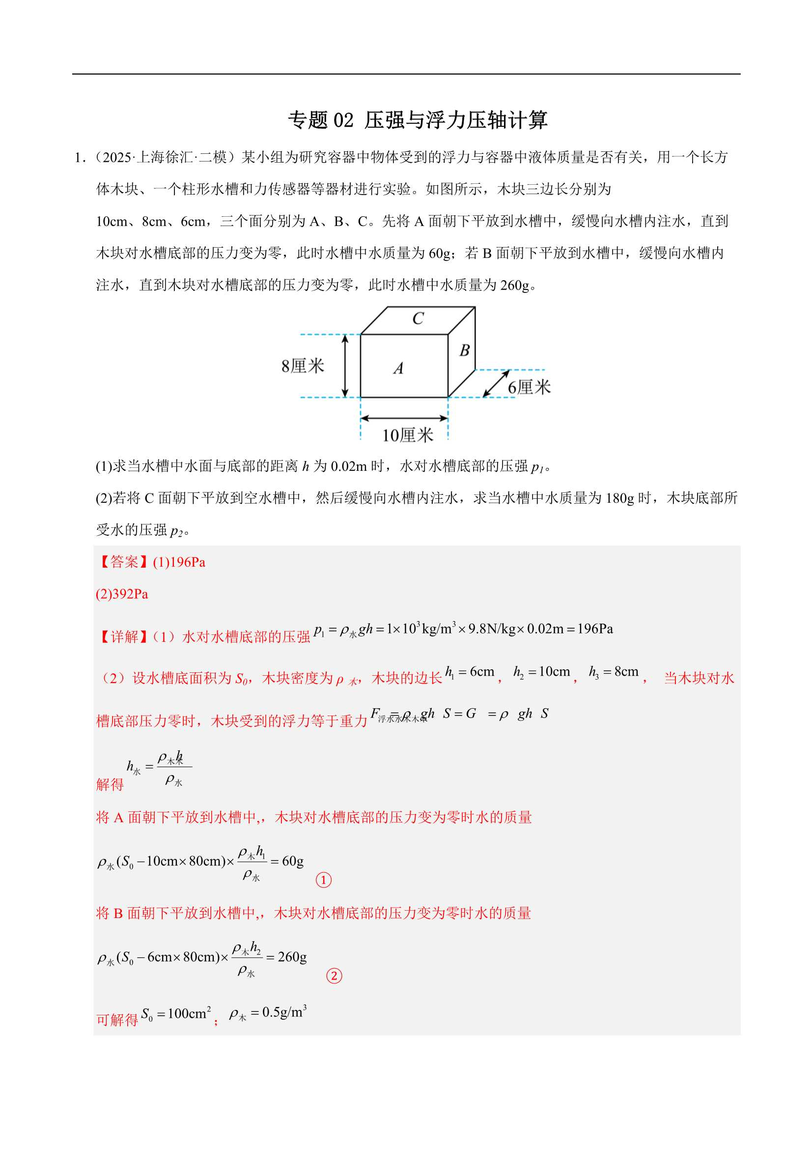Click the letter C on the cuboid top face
click(418, 318)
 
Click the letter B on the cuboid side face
click(464, 350)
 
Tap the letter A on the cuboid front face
click(398, 368)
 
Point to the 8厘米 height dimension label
click(302, 366)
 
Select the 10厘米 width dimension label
click(407, 435)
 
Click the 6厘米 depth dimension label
click(529, 387)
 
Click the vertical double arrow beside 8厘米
click(345, 366)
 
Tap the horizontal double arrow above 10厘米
click(404, 418)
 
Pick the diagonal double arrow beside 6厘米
click(496, 383)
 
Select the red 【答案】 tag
click(124, 562)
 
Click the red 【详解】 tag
click(124, 636)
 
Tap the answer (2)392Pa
click(122, 594)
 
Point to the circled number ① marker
click(324, 879)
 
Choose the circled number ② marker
click(334, 976)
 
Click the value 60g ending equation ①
click(293, 861)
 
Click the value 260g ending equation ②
click(292, 957)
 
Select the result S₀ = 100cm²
click(176, 1014)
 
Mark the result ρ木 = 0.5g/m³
click(268, 1013)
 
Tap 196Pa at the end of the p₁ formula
click(595, 629)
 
